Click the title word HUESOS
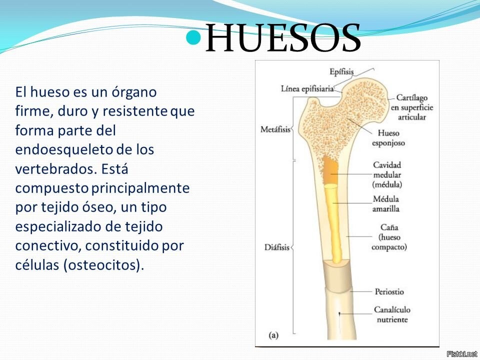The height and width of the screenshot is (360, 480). pos(283,37)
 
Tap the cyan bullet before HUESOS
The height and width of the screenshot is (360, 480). pos(193,37)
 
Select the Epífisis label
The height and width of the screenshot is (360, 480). pos(341,72)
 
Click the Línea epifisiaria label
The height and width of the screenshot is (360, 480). pos(307,89)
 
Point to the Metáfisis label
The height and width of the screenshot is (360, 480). pos(275,129)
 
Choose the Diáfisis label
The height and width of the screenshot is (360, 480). pos(276,247)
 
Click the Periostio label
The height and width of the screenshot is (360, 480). pos(389,291)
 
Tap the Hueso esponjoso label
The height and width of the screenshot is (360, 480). pos(388,138)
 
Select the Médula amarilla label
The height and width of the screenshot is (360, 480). pos(385,204)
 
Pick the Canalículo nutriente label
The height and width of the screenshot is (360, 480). pos(392,314)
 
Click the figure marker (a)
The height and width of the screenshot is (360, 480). pos(273,335)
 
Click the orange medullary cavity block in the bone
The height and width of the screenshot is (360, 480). pos(330,170)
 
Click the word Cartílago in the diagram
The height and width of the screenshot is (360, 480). pos(411,98)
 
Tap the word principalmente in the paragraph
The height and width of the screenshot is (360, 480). pos(140,188)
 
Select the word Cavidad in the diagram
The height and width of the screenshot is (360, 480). pos(387,165)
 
